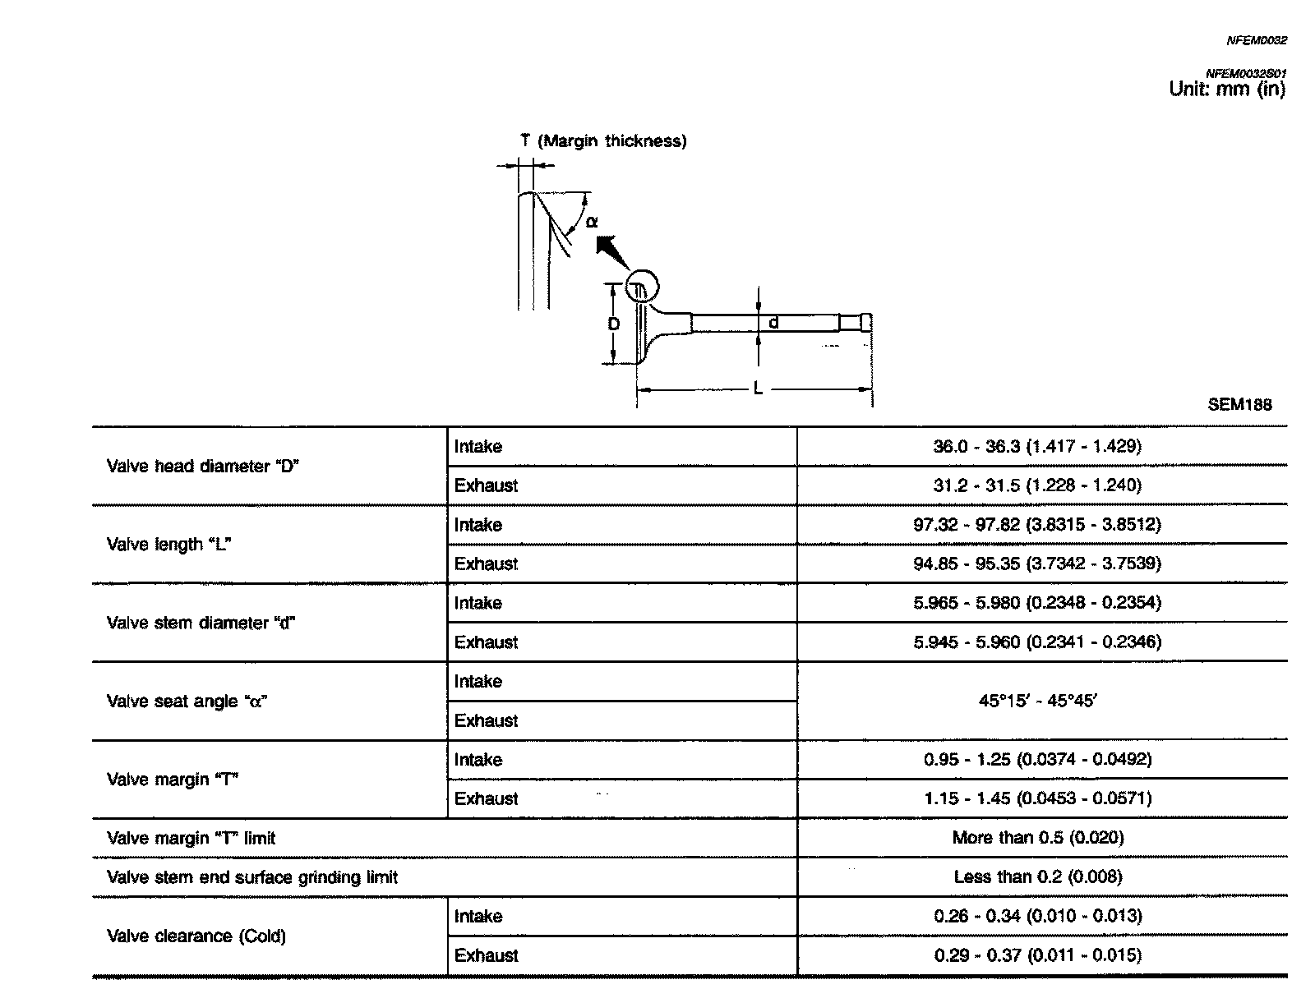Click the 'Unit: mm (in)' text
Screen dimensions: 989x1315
(1226, 90)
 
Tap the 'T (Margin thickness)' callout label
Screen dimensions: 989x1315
(604, 141)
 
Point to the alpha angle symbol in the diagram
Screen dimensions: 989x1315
(592, 221)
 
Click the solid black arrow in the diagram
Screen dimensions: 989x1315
(611, 251)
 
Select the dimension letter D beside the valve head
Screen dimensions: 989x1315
(614, 324)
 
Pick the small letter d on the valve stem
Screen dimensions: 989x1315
(773, 324)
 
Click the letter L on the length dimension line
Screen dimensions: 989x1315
(758, 389)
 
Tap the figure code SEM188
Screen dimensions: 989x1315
(1239, 404)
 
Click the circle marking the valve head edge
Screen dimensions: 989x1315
(642, 287)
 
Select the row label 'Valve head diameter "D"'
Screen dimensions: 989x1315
(203, 467)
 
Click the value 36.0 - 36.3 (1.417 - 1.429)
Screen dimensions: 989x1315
(1037, 446)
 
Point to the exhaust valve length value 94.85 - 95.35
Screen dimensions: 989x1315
(1037, 563)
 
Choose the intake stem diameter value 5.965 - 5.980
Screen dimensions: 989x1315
(1037, 603)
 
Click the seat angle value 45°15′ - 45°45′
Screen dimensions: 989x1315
(1037, 701)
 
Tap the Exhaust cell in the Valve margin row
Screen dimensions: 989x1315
(487, 798)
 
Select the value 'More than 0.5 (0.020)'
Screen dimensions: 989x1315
(1037, 838)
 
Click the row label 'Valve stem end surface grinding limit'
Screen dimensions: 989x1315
(252, 877)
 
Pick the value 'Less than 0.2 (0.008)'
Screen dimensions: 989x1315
(1037, 877)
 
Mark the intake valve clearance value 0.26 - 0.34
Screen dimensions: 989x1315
(1037, 916)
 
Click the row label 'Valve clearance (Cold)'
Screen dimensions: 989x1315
(196, 936)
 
